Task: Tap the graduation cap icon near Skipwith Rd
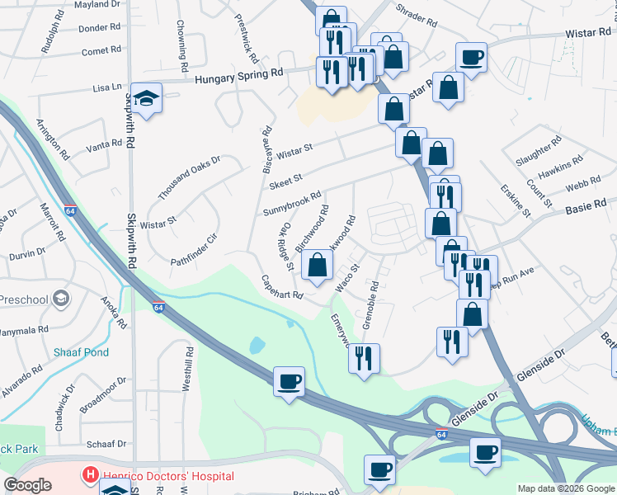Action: (146, 100)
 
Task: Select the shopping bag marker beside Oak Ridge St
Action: (317, 266)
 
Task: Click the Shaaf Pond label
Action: (81, 352)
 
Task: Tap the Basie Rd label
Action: (586, 204)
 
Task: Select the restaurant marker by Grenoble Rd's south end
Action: (363, 358)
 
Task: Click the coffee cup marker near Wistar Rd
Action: (470, 58)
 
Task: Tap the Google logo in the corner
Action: (27, 485)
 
